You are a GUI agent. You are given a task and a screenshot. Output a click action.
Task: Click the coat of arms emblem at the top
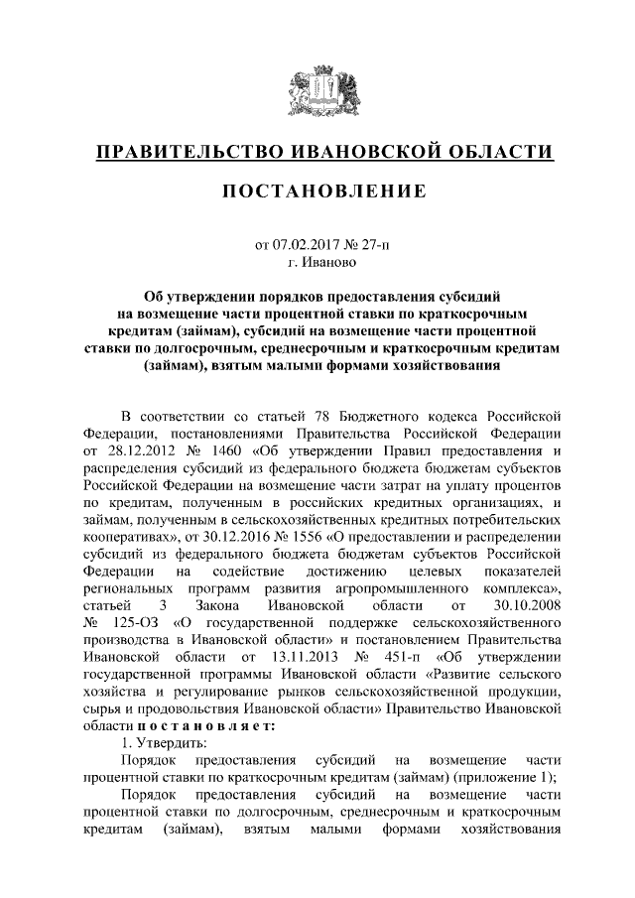pyautogui.click(x=317, y=90)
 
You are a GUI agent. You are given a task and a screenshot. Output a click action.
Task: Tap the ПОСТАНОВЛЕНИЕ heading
pyautogui.click(x=317, y=191)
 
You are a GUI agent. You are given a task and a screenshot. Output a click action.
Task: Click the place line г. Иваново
pyautogui.click(x=317, y=263)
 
